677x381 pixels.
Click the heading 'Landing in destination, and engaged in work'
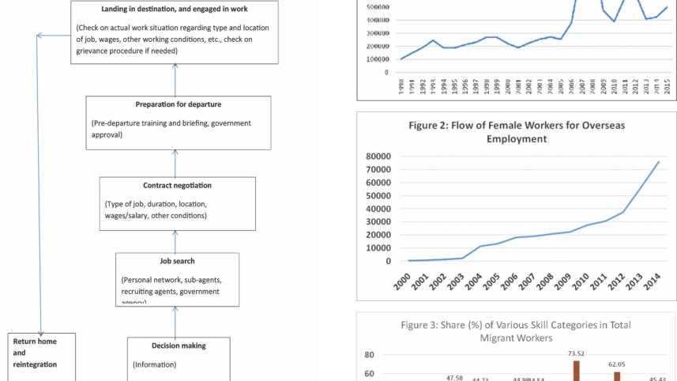point(174,8)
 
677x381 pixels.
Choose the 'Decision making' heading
point(178,345)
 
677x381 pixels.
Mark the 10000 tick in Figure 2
point(375,247)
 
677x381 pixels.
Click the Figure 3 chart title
point(511,331)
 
